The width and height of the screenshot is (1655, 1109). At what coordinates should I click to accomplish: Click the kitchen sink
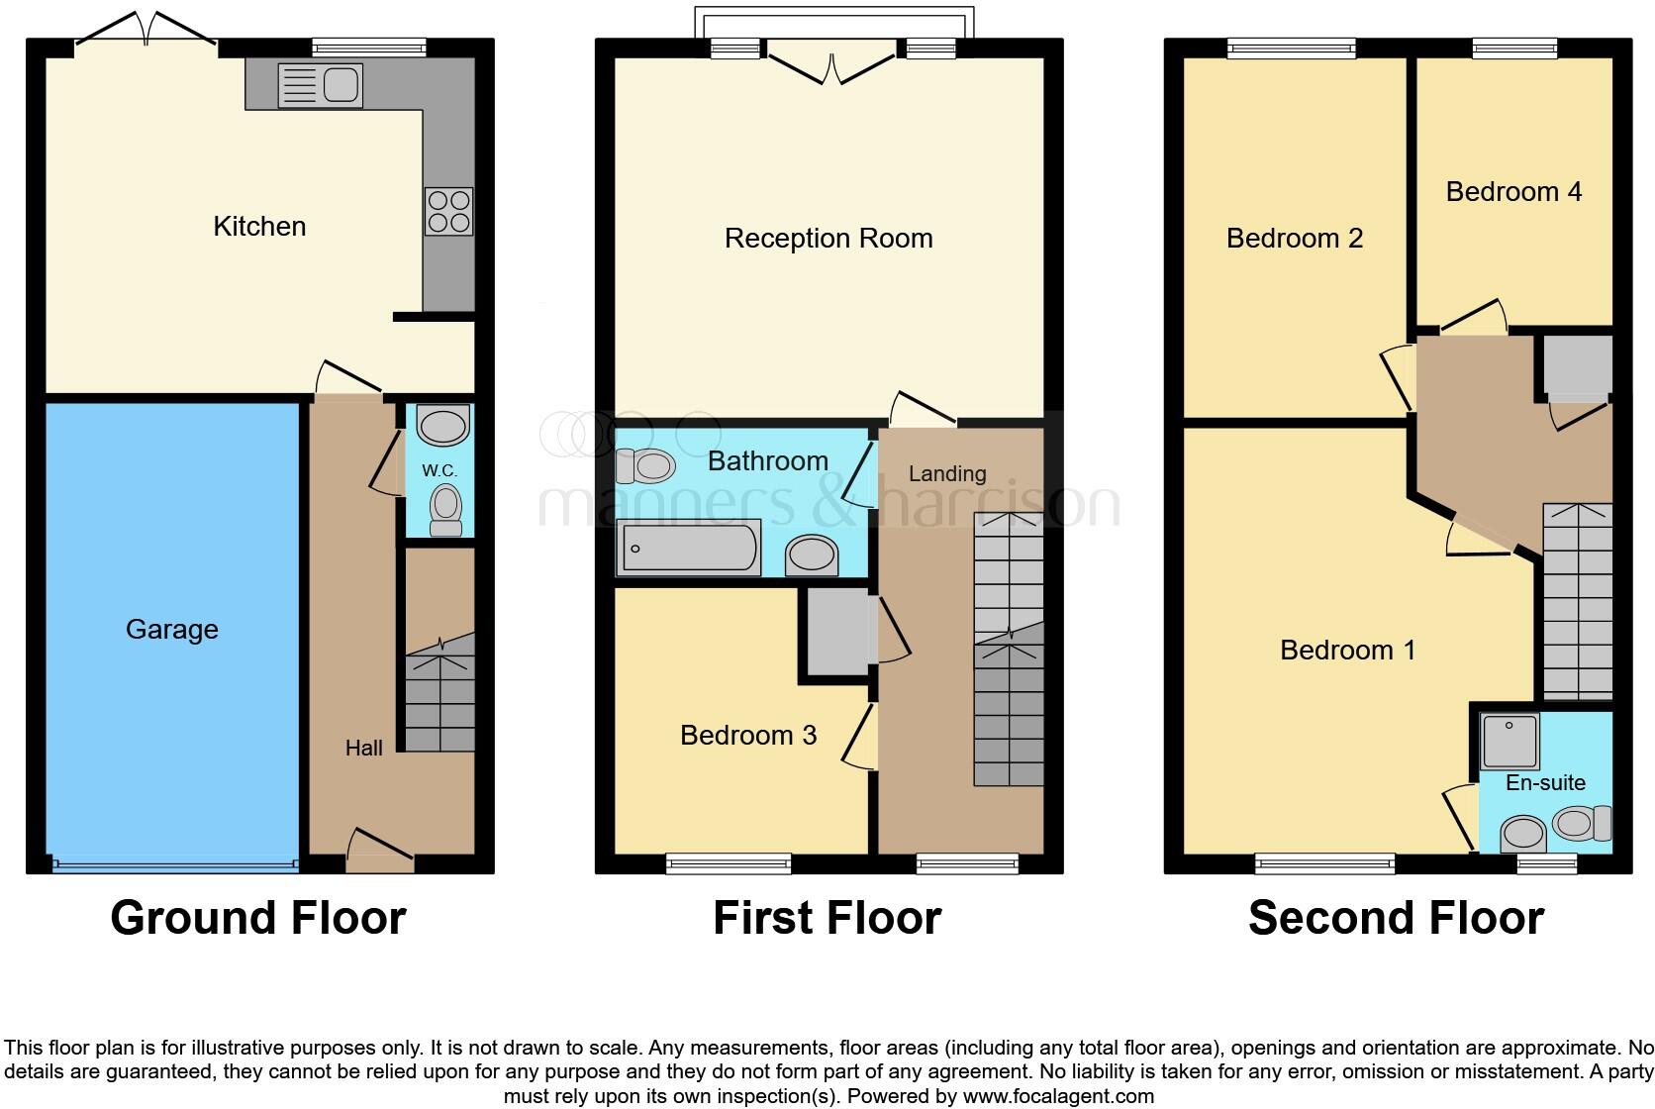321,84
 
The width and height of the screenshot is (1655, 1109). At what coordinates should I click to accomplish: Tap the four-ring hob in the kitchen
448,212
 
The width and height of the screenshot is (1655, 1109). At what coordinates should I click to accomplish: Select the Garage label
171,630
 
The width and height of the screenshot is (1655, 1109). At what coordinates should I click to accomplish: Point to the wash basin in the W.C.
441,427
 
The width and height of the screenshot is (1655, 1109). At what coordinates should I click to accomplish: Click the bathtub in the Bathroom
689,548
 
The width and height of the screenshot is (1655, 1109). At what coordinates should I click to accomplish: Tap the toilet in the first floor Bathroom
645,464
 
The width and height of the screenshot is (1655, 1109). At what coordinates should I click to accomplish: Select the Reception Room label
828,239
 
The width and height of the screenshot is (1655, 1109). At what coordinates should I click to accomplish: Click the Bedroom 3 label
748,735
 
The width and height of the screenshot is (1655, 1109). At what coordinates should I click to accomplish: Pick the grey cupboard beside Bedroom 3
837,632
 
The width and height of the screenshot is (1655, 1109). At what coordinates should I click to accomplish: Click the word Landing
947,474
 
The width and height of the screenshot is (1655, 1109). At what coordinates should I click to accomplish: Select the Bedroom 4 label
1513,192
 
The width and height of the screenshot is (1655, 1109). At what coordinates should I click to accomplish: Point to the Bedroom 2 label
1294,239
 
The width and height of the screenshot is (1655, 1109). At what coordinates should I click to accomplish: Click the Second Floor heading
1396,918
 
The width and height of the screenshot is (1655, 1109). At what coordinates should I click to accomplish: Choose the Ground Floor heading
258,918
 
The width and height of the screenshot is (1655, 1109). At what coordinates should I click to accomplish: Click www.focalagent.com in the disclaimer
1057,1096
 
